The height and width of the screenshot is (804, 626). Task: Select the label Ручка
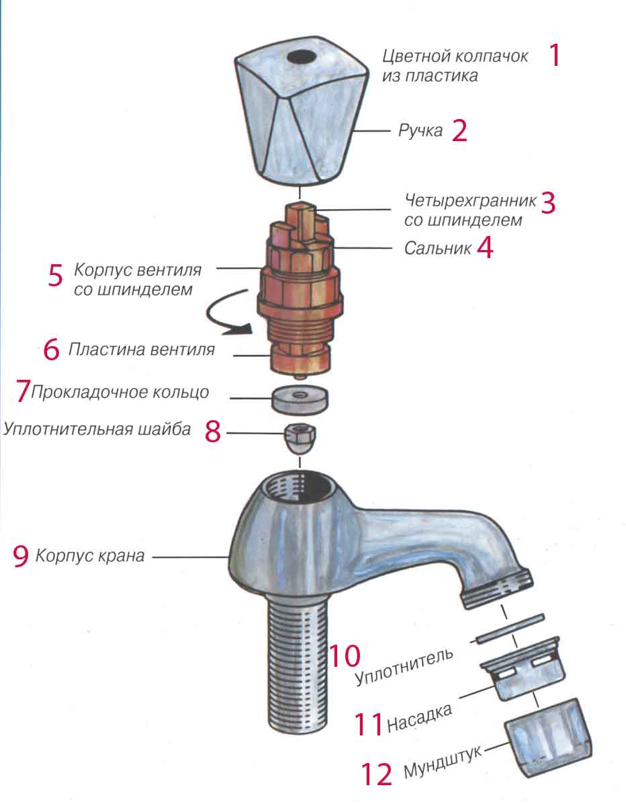pos(421,130)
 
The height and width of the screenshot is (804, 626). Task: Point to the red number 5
pos(56,276)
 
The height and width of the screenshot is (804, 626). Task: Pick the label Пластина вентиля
pos(142,350)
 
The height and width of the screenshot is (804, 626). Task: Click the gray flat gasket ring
pos(300,400)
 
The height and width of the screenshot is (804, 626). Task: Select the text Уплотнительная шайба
pos(97,429)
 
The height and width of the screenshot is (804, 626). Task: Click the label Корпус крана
pos(90,556)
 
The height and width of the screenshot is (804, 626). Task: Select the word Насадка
pos(420,718)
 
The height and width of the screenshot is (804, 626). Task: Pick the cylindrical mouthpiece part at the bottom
pos(548,735)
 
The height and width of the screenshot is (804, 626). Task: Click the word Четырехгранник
pos(470,200)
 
